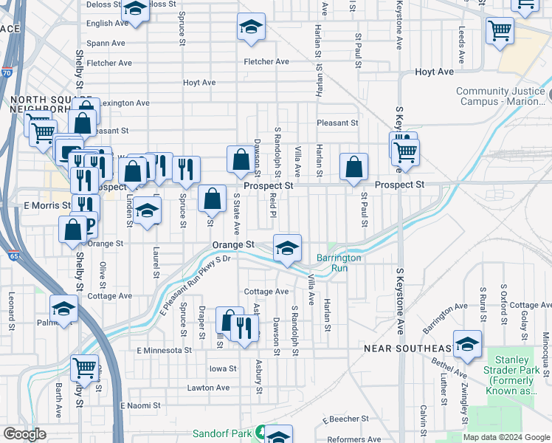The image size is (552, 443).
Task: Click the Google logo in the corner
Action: [24, 434]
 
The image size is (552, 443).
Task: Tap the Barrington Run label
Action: [339, 263]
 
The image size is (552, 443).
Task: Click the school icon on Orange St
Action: [287, 247]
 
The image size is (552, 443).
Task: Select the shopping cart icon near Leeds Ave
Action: [500, 31]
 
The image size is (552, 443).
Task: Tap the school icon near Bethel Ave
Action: [466, 344]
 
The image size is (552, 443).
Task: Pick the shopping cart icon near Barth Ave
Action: [84, 367]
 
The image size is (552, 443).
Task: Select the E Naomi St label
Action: [140, 405]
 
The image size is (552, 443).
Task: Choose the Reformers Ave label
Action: [356, 439]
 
